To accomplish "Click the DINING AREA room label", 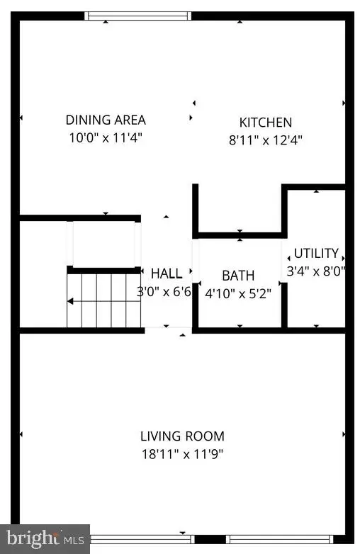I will click(106, 120).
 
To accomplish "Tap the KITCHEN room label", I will click(265, 123).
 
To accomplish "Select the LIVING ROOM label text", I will click(182, 436).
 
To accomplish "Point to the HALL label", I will click(167, 273).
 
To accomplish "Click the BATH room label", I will click(238, 276).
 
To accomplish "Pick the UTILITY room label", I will click(316, 254).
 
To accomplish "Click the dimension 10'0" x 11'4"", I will click(106, 137).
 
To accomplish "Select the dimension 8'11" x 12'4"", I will click(265, 140).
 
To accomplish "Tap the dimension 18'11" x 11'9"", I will click(182, 454).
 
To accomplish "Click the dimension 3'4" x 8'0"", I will click(316, 271).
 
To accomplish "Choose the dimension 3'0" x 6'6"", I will click(164, 291).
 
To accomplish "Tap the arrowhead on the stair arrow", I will click(70, 302).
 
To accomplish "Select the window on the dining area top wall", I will click(137, 16).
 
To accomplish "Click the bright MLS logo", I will click(45, 539).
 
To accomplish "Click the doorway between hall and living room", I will click(168, 329).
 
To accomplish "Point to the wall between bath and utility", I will click(284, 283).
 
